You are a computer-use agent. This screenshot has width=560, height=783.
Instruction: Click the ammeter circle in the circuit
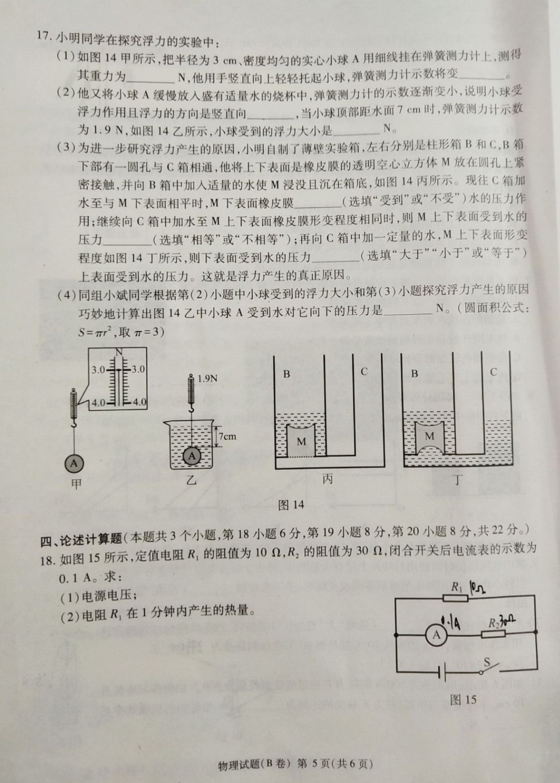pyautogui.click(x=437, y=634)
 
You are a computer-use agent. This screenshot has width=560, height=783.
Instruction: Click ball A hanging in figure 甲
pyautogui.click(x=74, y=463)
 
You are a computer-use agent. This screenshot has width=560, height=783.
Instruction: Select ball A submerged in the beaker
pyautogui.click(x=192, y=456)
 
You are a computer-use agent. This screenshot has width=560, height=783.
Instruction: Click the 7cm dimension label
pyautogui.click(x=228, y=436)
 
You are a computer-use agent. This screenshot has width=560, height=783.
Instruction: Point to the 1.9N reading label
pyautogui.click(x=207, y=378)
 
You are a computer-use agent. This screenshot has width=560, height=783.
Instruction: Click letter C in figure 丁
pyautogui.click(x=493, y=371)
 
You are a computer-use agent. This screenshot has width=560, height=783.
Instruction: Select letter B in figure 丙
pyautogui.click(x=286, y=374)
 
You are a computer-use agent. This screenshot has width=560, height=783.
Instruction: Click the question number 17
pyautogui.click(x=45, y=36)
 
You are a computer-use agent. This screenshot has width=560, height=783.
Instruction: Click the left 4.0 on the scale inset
pyautogui.click(x=98, y=402)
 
